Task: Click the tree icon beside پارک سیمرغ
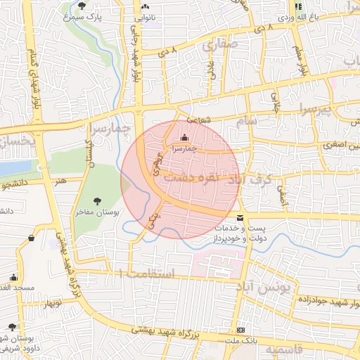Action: [82, 6]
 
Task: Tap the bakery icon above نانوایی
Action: [146, 6]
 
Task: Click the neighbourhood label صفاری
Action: [220, 46]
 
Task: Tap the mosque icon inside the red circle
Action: [184, 137]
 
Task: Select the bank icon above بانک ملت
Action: [241, 330]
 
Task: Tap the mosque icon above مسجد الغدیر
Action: [13, 278]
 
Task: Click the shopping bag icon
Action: [31, 238]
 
